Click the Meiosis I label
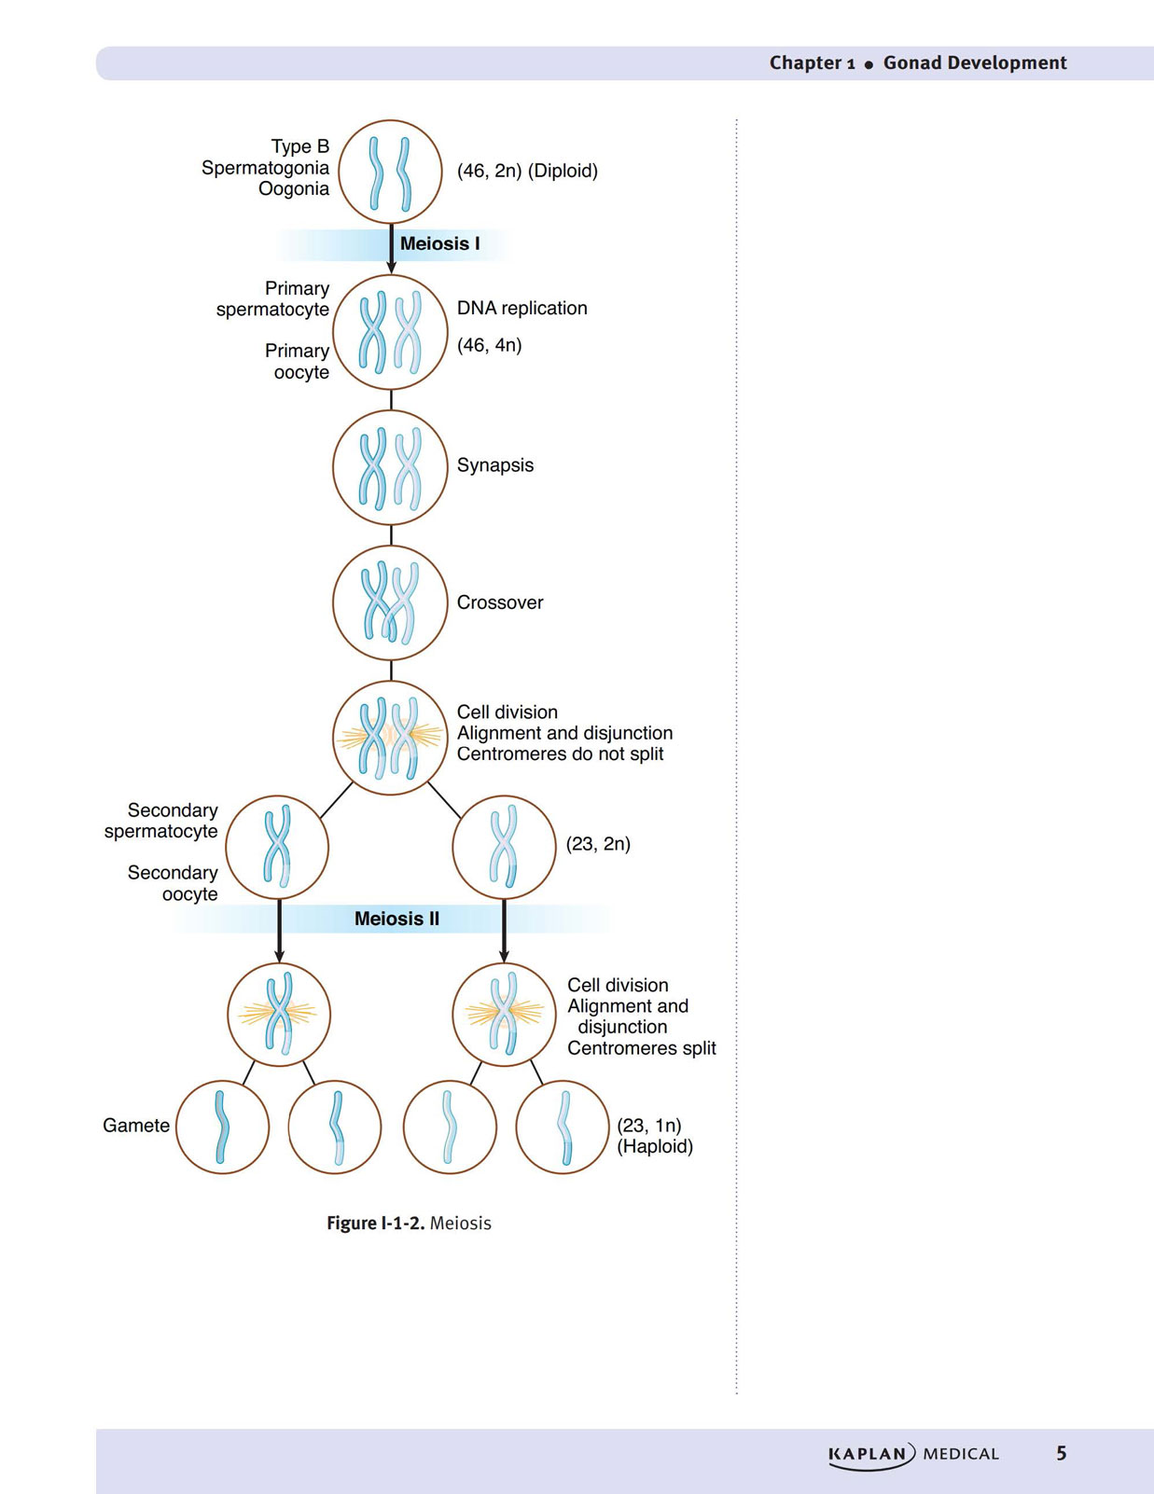tap(439, 243)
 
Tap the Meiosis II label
tap(396, 919)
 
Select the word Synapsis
tap(495, 465)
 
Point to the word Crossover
tap(500, 602)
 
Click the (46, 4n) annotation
tap(490, 345)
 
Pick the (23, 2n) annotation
tap(598, 844)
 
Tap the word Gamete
tap(136, 1126)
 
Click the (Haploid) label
tap(655, 1147)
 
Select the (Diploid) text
tap(563, 172)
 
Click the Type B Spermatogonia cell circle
tap(391, 172)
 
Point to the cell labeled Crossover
tap(391, 603)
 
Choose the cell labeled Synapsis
tap(391, 467)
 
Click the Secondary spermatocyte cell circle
tap(277, 847)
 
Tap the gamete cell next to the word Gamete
tap(222, 1127)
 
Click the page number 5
tap(1061, 1453)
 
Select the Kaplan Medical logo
tap(913, 1454)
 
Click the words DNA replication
tap(522, 308)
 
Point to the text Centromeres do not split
tap(560, 754)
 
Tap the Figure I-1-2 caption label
tap(376, 1224)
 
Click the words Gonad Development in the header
tap(975, 62)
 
